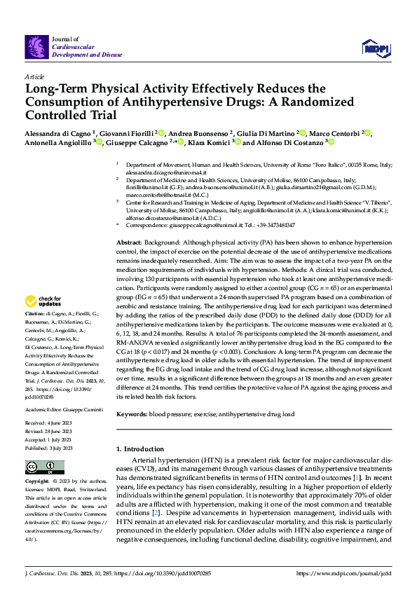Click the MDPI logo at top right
coord(376,48)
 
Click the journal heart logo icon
coord(34,47)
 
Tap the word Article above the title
coord(34,76)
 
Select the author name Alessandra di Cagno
coord(55,132)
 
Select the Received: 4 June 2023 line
coord(48,424)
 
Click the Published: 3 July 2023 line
coord(50,447)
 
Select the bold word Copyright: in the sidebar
coord(37,482)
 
